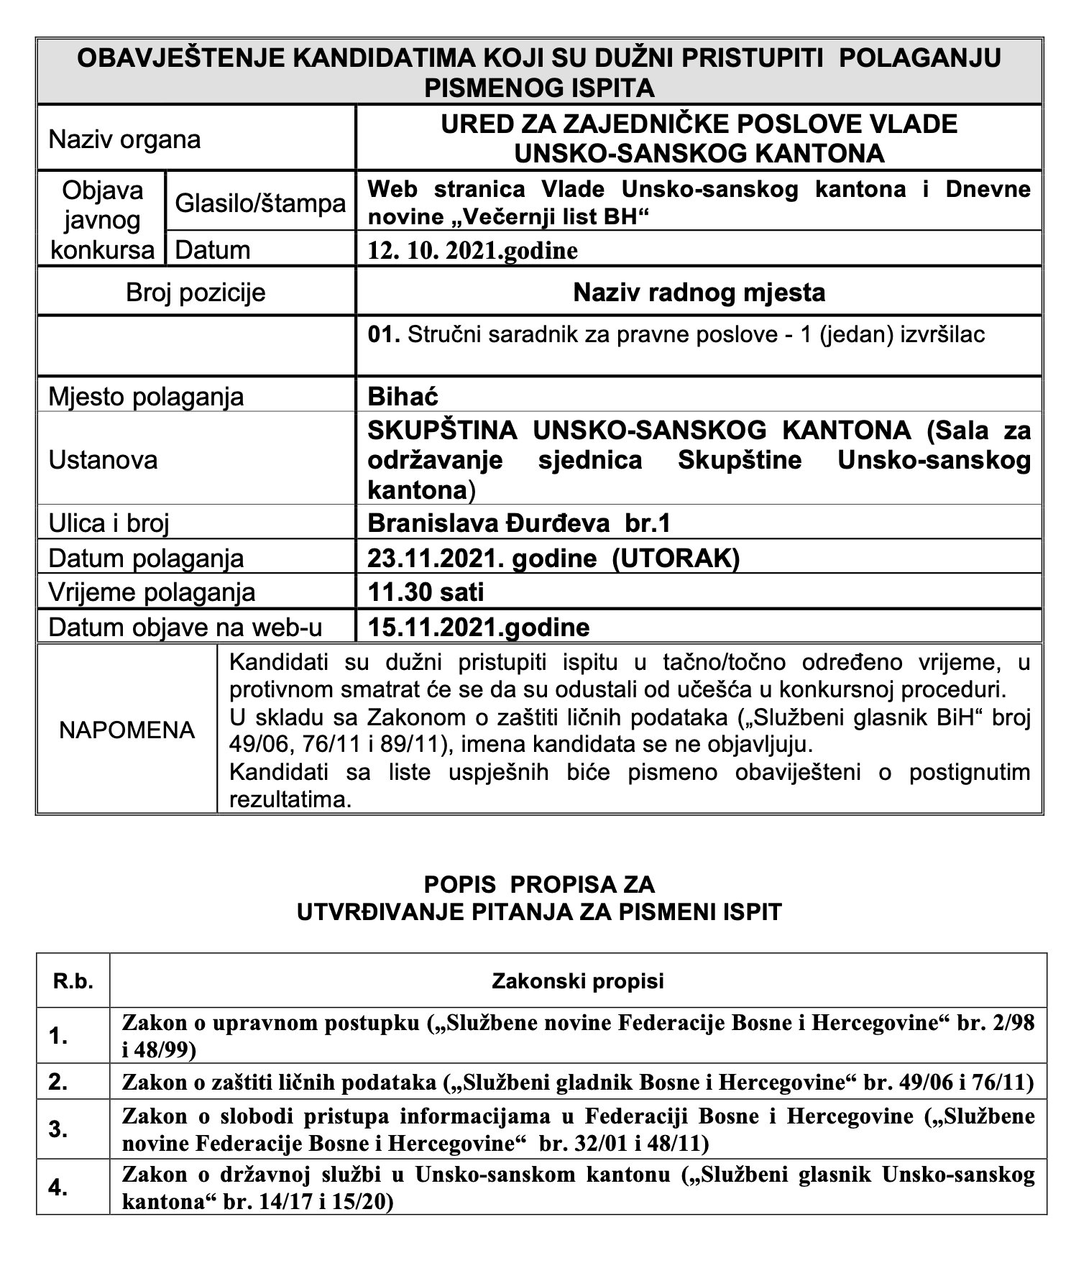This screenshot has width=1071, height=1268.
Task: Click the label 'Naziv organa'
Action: point(124,139)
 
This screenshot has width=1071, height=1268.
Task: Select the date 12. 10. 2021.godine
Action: point(472,250)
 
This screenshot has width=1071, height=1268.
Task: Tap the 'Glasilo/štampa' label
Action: point(260,204)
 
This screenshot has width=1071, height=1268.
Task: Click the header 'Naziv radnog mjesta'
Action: point(699,293)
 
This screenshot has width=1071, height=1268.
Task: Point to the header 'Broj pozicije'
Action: point(196,293)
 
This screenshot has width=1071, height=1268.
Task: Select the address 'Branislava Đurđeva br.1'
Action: point(518,523)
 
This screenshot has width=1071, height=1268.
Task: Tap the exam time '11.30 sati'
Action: point(426,592)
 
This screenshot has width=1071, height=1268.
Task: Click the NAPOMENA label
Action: point(127,730)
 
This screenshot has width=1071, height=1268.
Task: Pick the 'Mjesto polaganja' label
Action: point(146,397)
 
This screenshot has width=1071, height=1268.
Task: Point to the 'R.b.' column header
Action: point(73,981)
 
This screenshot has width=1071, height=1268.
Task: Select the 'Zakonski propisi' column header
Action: point(578,981)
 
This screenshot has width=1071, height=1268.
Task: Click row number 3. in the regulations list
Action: point(58,1129)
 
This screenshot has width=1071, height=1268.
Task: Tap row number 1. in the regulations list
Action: point(58,1037)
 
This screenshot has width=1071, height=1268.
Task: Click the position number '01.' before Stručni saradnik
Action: point(383,335)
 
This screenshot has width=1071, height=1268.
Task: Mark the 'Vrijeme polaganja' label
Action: point(152,592)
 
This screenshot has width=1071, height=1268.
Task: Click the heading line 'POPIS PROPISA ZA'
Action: point(539,883)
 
